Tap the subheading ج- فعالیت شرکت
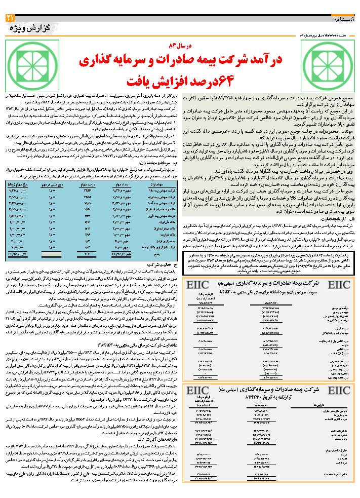click(x=165, y=264)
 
